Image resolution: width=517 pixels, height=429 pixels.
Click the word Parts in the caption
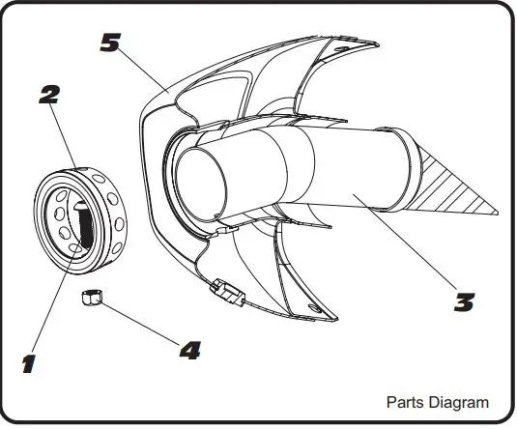[406, 402]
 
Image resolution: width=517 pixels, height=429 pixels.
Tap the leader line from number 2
[63, 135]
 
